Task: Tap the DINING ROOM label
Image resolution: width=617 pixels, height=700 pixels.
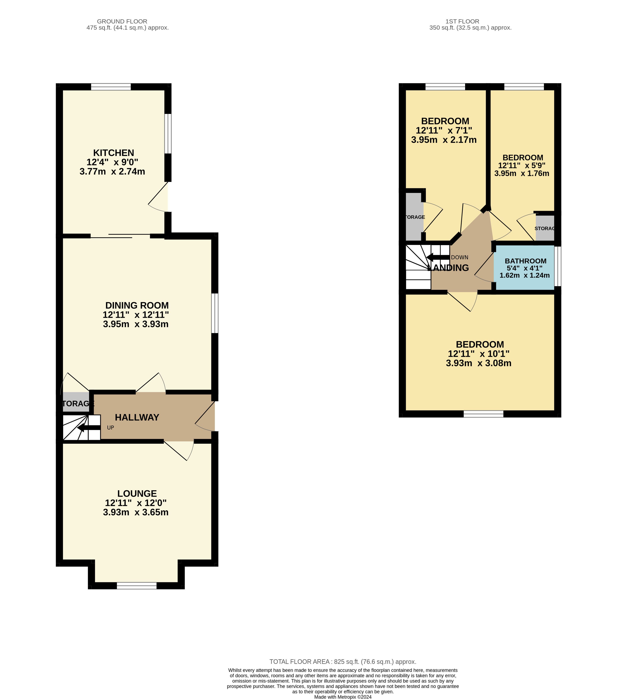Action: pyautogui.click(x=137, y=306)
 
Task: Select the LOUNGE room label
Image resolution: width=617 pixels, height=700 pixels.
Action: pyautogui.click(x=137, y=494)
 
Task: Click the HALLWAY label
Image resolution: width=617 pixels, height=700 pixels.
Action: pyautogui.click(x=137, y=417)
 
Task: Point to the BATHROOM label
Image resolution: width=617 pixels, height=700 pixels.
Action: pyautogui.click(x=526, y=261)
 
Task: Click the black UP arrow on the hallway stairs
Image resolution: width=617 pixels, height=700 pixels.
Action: pyautogui.click(x=89, y=428)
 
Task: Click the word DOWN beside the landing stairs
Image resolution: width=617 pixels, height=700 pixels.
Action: pyautogui.click(x=460, y=257)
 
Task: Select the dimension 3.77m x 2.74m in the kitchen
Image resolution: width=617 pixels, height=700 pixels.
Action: pyautogui.click(x=112, y=172)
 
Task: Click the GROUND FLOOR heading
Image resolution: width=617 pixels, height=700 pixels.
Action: pyautogui.click(x=122, y=21)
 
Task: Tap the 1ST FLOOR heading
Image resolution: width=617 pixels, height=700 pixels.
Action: pyautogui.click(x=462, y=21)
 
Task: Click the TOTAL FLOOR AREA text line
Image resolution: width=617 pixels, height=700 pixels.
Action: pyautogui.click(x=343, y=662)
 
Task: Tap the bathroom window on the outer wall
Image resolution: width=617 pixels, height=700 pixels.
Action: pyautogui.click(x=558, y=266)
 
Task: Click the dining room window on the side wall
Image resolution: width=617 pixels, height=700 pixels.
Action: pyautogui.click(x=215, y=313)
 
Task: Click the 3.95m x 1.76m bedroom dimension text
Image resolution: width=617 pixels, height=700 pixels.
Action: pyautogui.click(x=521, y=174)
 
